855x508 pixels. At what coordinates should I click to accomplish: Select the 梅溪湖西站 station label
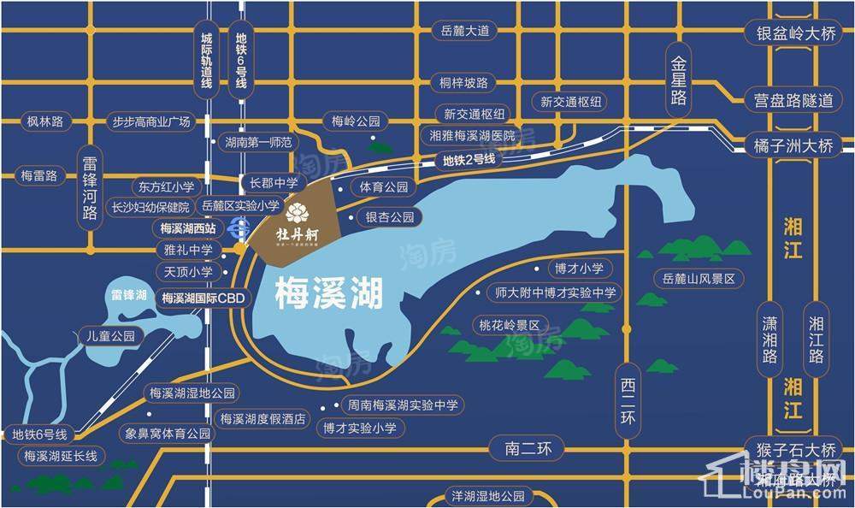[x=192, y=229]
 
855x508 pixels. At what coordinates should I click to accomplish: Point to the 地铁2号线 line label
[x=469, y=159]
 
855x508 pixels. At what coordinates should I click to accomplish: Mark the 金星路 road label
[x=679, y=81]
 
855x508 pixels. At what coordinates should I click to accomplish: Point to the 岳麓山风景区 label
[x=699, y=279]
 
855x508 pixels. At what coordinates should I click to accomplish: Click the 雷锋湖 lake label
[x=130, y=296]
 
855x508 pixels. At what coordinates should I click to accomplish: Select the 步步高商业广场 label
[x=151, y=121]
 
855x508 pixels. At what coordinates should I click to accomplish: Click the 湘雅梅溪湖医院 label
[x=473, y=136]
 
